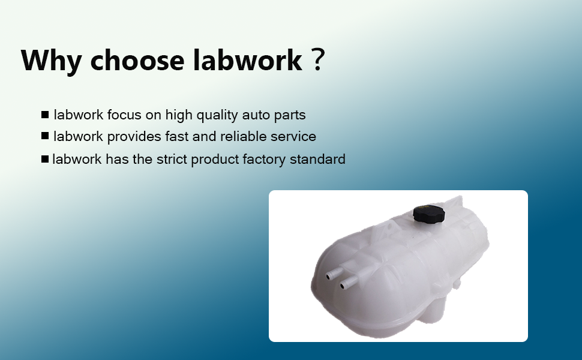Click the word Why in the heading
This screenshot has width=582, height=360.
51,61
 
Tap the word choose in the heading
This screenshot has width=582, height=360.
137,60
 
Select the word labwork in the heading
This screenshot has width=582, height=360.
248,59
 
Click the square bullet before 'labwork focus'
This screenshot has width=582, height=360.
45,115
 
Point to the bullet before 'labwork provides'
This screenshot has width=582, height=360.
45,136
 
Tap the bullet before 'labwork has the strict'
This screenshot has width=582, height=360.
45,159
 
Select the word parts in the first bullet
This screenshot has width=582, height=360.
290,115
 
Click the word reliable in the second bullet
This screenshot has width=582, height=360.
243,136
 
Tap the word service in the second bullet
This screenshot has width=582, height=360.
293,137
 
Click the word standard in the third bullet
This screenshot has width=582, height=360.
317,159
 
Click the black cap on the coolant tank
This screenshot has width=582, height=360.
427,213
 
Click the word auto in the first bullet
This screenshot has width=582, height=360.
256,115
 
